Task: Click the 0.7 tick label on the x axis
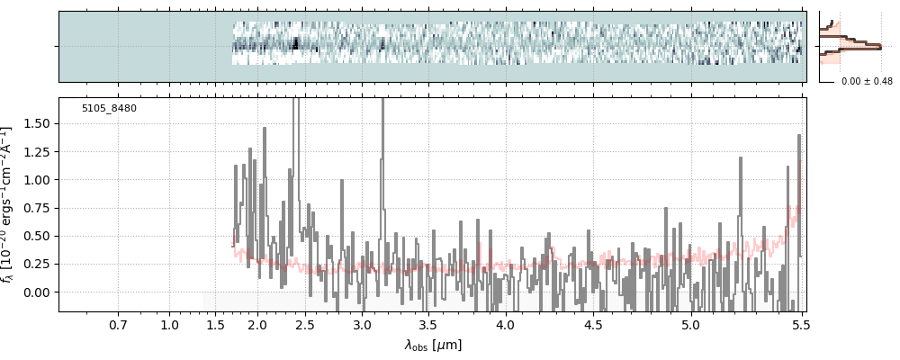pyautogui.click(x=118, y=324)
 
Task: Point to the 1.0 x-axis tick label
pyautogui.click(x=170, y=324)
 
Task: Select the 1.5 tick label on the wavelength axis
pyautogui.click(x=215, y=324)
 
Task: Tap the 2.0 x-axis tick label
pyautogui.click(x=257, y=324)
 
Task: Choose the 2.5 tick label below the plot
pyautogui.click(x=304, y=324)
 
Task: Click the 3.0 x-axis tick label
pyautogui.click(x=361, y=324)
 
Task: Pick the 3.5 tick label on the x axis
pyautogui.click(x=427, y=324)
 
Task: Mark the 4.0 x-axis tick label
pyautogui.click(x=505, y=324)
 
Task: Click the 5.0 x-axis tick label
pyautogui.click(x=690, y=324)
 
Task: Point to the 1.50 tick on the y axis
pyautogui.click(x=37, y=123)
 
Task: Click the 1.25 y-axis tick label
pyautogui.click(x=37, y=151)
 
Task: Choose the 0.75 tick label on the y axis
pyautogui.click(x=37, y=208)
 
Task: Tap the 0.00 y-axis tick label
pyautogui.click(x=37, y=292)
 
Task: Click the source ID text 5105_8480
pyautogui.click(x=109, y=109)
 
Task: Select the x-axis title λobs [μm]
pyautogui.click(x=433, y=345)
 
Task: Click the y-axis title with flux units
pyautogui.click(x=10, y=204)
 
